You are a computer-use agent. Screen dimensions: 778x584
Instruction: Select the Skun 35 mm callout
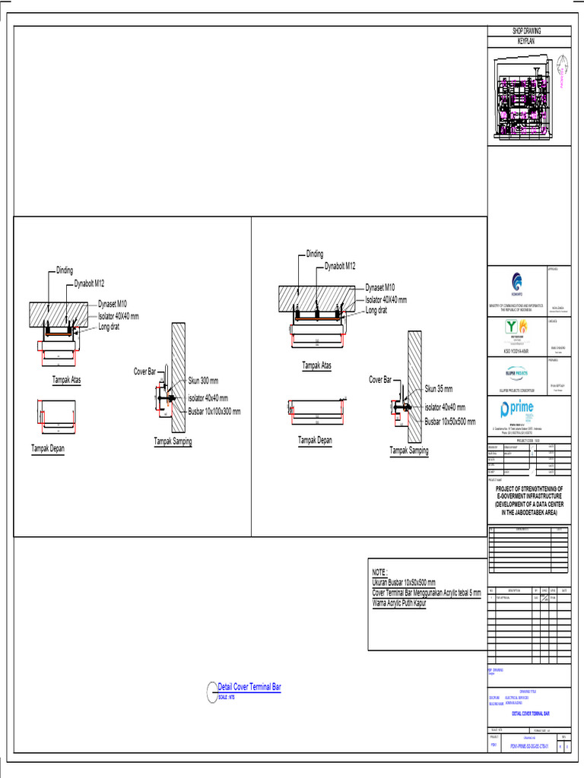click(x=439, y=388)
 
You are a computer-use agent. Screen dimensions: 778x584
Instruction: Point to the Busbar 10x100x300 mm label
click(x=214, y=412)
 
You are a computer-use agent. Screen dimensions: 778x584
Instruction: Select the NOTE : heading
click(x=379, y=571)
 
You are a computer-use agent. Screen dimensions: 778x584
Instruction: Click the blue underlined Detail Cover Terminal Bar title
click(x=249, y=687)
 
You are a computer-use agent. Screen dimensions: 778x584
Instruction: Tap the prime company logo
click(x=517, y=411)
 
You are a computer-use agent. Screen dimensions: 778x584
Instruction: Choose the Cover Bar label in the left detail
click(x=144, y=372)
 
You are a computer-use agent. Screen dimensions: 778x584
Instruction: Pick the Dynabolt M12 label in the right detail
click(x=340, y=266)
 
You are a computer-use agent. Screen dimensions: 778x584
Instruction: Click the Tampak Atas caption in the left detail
click(x=67, y=379)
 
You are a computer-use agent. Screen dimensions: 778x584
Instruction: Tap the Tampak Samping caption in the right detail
click(x=409, y=451)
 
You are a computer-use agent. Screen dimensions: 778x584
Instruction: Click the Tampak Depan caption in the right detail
click(x=315, y=440)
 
